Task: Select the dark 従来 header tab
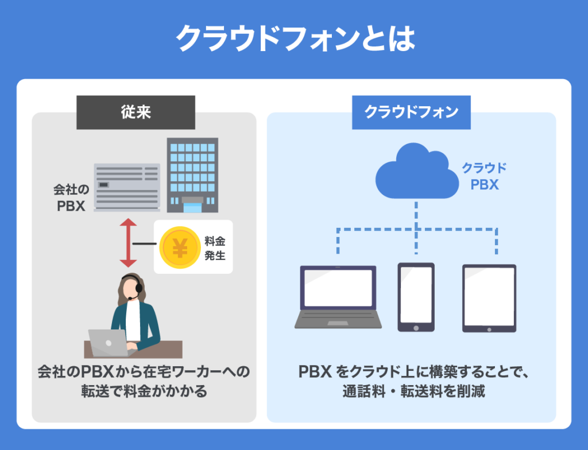pos(136,112)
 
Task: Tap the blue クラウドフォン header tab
pos(411,112)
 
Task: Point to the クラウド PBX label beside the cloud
pos(484,176)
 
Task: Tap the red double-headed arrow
pos(127,242)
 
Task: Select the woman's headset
pos(137,289)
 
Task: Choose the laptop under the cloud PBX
pos(338,297)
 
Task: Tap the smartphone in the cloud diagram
pos(416,297)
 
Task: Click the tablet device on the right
pos(489,298)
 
